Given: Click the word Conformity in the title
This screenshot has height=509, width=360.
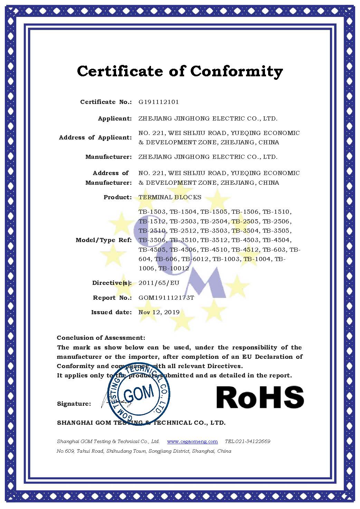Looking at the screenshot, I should point(237,71).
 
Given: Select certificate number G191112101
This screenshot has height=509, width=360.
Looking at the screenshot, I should point(159,102).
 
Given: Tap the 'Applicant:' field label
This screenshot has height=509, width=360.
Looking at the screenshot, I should point(115,119).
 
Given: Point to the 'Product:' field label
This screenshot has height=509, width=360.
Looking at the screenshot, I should point(117,198).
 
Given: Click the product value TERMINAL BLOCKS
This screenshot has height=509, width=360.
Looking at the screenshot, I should point(170,198).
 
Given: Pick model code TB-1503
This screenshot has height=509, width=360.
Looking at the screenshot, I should point(153,212).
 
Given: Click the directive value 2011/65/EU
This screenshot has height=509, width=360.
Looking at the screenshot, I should point(159,283).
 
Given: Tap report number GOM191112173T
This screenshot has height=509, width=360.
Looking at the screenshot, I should point(166,298).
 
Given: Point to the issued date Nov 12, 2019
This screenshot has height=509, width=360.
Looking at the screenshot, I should point(159,312).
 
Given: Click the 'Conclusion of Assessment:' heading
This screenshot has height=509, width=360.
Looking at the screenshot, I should point(101,338).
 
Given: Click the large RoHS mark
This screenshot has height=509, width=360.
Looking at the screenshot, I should point(260,397).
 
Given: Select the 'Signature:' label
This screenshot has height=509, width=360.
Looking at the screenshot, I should point(74,404).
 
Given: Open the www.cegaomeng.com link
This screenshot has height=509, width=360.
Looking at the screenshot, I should point(192,441).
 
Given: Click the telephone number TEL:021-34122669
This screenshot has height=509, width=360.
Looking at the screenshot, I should point(247,441).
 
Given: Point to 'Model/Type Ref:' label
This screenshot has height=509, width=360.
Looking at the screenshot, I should point(104,240).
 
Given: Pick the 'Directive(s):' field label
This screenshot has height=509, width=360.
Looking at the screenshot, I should point(112,283).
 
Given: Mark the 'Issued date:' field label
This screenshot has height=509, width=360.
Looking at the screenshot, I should point(111,312).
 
